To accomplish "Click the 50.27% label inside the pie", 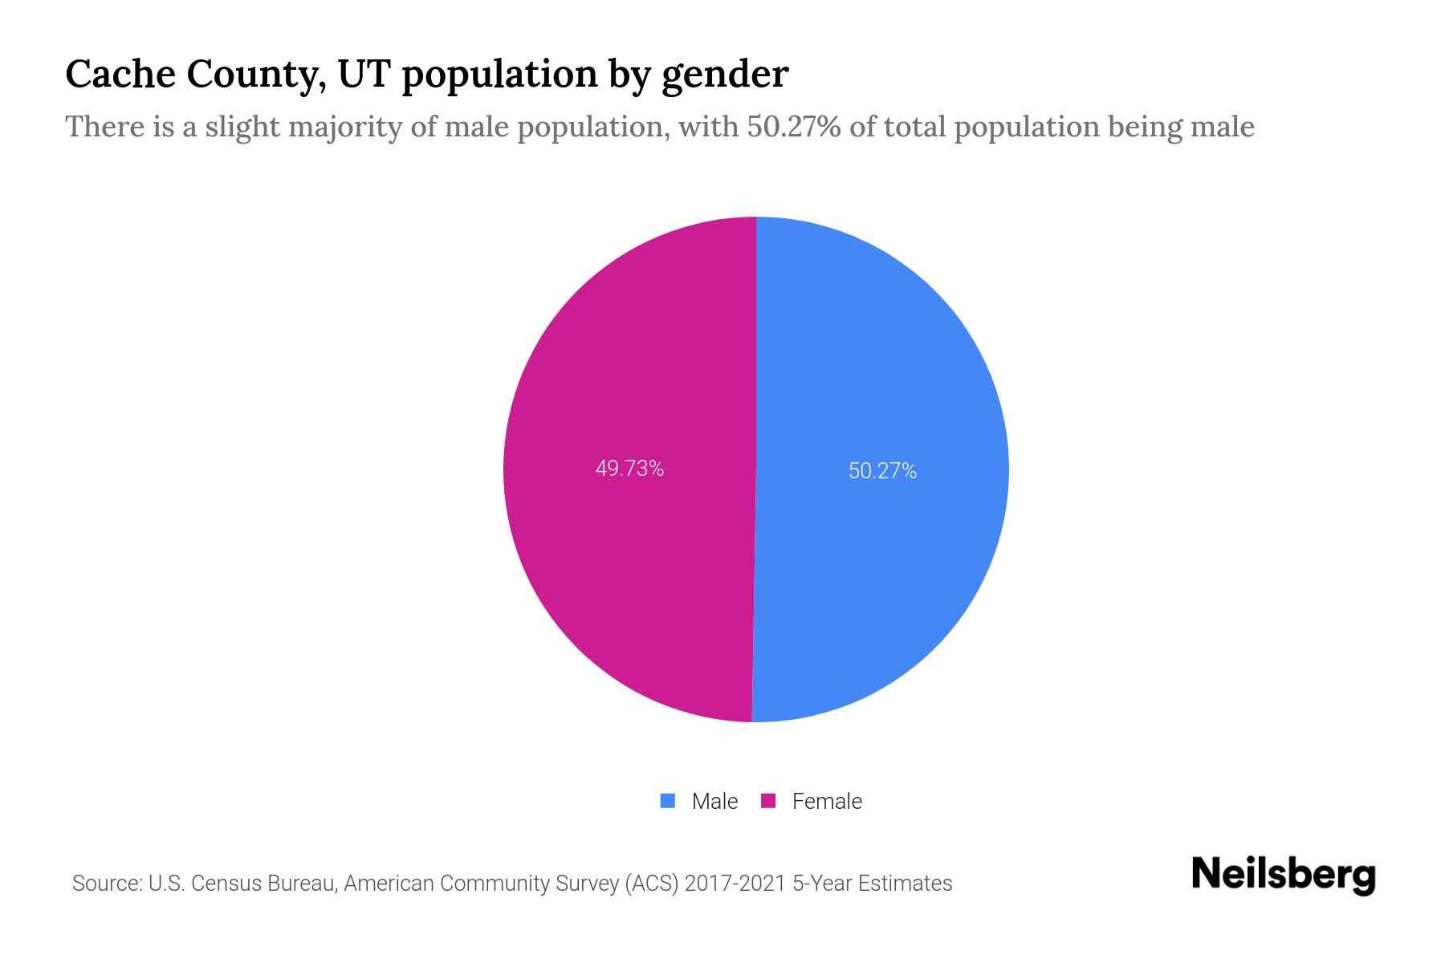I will (x=882, y=471).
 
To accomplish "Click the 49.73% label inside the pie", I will (x=629, y=469).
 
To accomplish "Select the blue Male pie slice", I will (x=883, y=361).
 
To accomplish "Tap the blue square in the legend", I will (x=667, y=801).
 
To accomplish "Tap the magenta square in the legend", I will (x=768, y=801).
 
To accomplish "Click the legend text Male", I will (x=714, y=802).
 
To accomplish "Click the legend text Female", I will (x=827, y=802).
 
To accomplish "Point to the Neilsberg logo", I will (x=1283, y=875).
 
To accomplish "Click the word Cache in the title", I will (x=119, y=74).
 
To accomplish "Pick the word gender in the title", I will (x=725, y=75).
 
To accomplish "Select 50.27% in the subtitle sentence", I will (x=793, y=127).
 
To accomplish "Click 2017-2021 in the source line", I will (x=735, y=884).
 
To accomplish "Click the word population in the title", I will (x=499, y=75).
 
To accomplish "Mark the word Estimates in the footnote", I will (x=905, y=884).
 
